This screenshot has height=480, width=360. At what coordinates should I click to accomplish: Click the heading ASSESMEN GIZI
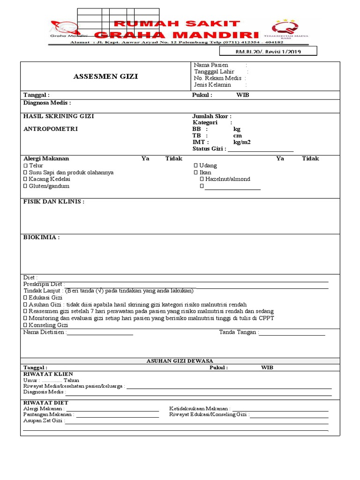point(105,76)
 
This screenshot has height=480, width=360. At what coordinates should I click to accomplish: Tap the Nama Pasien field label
point(211,65)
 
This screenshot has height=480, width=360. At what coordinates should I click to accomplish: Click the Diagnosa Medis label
point(47,103)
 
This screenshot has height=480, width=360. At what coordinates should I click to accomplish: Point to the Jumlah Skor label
point(211,116)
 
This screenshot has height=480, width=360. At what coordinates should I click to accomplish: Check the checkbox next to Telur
point(26,165)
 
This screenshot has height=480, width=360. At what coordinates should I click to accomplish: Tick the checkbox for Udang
point(196,165)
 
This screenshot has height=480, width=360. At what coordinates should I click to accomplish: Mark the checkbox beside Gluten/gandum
point(26,186)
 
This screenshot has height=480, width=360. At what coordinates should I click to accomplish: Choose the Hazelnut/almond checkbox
point(202,179)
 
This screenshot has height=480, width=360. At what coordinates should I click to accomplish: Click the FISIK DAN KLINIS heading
point(54,202)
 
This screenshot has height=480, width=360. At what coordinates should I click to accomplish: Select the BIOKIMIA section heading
point(42,237)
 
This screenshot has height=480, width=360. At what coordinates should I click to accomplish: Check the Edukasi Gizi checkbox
point(26,298)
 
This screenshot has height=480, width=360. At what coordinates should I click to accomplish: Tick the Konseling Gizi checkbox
point(26,325)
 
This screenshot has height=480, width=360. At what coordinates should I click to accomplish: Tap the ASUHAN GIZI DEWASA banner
point(180,361)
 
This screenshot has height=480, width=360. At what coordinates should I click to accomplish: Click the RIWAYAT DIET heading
point(45,403)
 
